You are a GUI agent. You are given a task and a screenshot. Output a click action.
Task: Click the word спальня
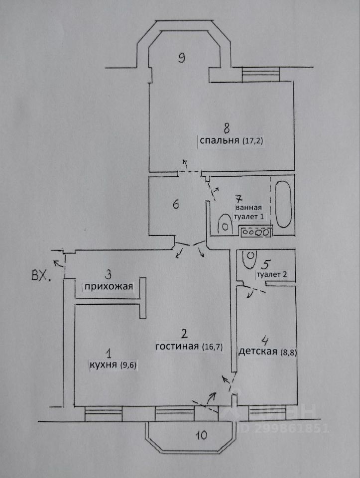pos(220,141)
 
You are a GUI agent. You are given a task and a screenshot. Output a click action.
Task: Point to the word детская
pos(257,352)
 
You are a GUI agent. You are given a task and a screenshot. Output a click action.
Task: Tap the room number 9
pos(182,58)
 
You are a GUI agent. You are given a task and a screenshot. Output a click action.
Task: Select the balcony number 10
pos(200,435)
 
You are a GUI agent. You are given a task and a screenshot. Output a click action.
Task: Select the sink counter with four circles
pos(254,231)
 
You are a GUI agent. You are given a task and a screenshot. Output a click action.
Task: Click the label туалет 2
pos(271,274)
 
